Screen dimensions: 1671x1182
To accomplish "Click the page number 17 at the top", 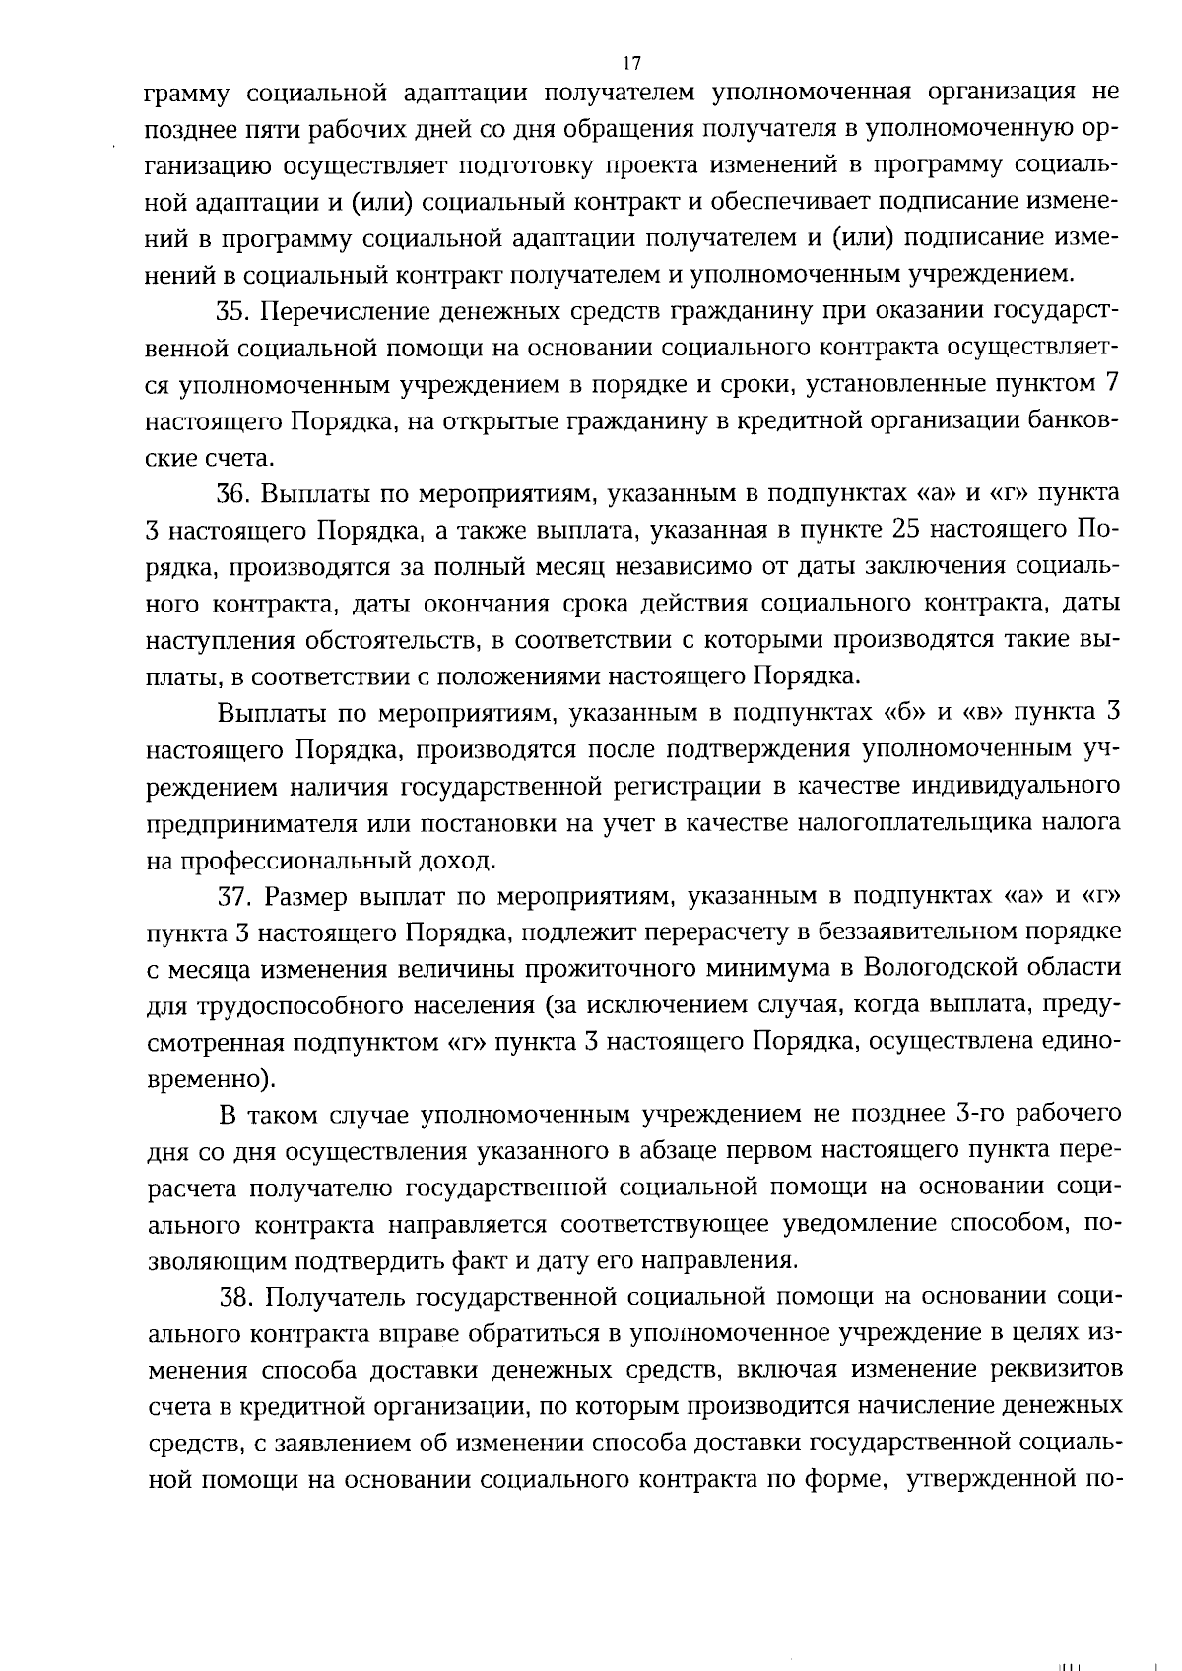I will pyautogui.click(x=632, y=64).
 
